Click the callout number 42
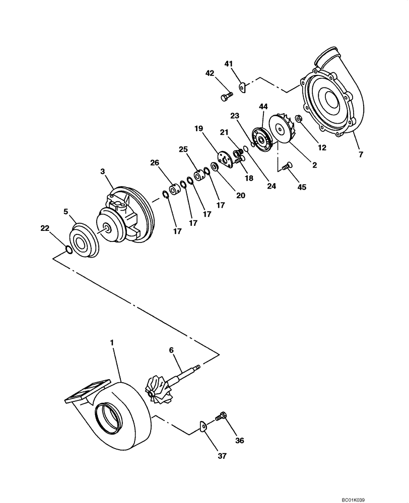[210, 73]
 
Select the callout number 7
[361, 154]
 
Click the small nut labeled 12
[298, 119]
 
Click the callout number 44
[263, 107]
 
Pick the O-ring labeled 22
[69, 248]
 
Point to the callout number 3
[102, 172]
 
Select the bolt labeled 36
[221, 416]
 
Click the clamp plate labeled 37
[202, 427]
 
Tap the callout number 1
[112, 342]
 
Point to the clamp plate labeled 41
[242, 88]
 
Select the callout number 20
[240, 195]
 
